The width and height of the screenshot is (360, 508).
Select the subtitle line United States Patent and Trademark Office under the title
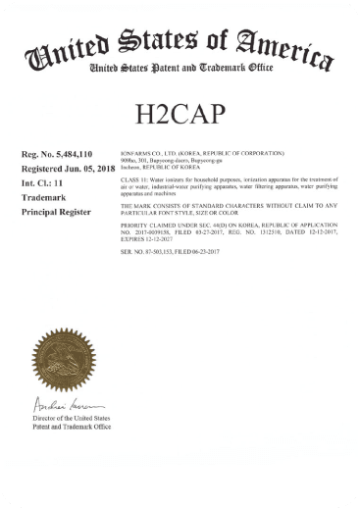tap(180, 69)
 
